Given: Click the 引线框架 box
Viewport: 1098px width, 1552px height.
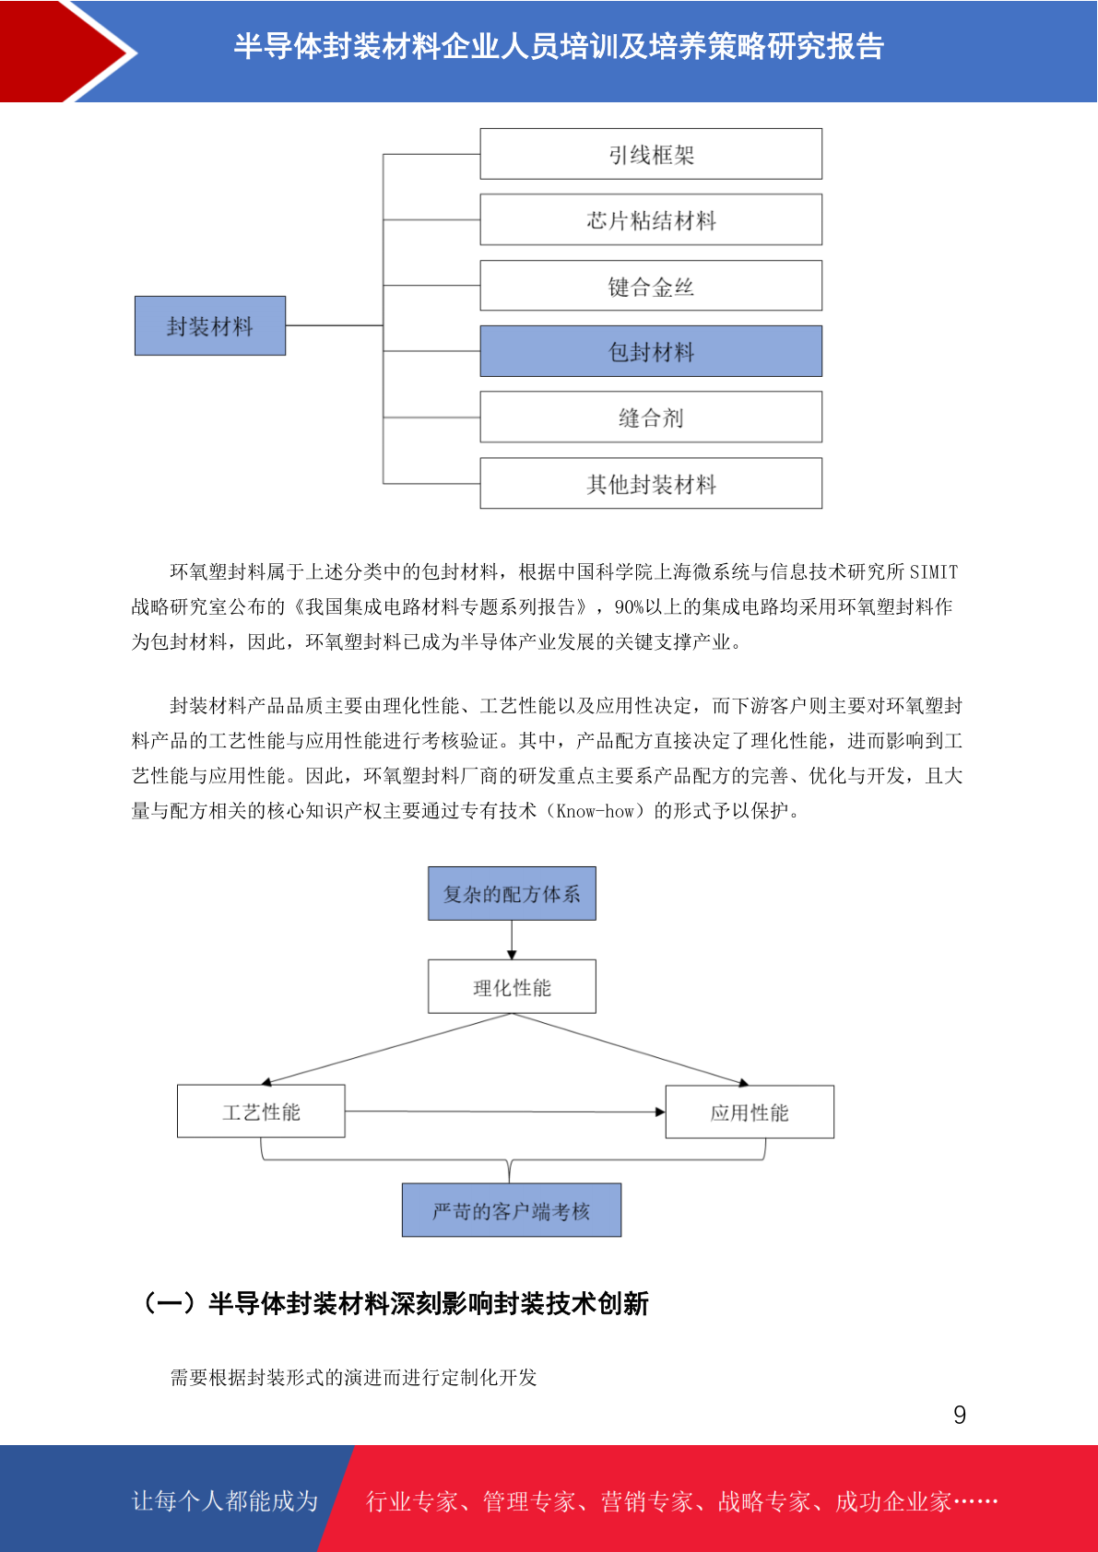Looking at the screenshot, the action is tap(651, 154).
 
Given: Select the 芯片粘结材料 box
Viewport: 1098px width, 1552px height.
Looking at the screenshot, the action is tap(651, 219).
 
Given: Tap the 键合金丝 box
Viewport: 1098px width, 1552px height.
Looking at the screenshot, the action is tap(651, 286).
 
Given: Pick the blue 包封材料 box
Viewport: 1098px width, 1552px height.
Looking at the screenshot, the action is tap(651, 351).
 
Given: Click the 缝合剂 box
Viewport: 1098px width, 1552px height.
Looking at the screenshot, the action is tap(651, 417).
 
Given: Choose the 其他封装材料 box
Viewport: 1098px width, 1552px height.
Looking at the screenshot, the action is tap(651, 483).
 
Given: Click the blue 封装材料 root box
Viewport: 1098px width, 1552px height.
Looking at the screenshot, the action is tap(210, 325).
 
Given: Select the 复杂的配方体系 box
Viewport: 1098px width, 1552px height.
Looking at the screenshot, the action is tap(512, 893).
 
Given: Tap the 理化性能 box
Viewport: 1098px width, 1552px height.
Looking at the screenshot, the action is tap(512, 986).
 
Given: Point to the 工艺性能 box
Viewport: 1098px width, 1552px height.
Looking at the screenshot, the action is tap(261, 1111).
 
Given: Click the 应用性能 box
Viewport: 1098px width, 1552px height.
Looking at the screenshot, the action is tap(750, 1111).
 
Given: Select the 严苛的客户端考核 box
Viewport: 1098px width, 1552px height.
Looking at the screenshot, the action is tap(512, 1210).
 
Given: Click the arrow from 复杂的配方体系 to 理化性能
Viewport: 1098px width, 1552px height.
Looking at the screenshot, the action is tap(512, 939).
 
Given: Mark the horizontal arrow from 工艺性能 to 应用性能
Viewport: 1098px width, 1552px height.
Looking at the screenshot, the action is tap(505, 1111).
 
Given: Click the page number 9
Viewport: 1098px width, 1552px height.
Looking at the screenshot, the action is tap(960, 1414).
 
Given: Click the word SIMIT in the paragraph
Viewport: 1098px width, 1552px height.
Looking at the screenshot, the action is tap(933, 571).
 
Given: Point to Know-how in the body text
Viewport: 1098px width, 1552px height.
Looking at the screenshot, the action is tap(596, 811).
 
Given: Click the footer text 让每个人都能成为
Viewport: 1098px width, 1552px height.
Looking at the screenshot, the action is tap(225, 1500).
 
